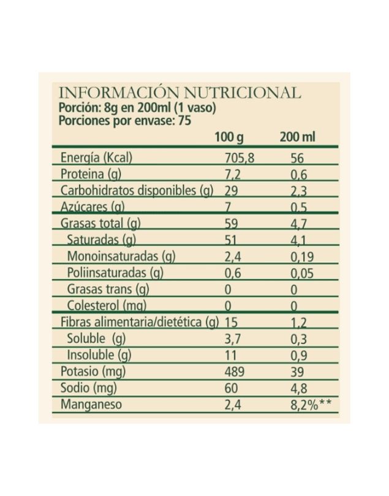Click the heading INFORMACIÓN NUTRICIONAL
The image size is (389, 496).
pyautogui.click(x=179, y=93)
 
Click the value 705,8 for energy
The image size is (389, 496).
pyautogui.click(x=240, y=158)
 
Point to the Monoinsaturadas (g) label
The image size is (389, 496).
pyautogui.click(x=121, y=257)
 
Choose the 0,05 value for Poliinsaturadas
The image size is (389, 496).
pyautogui.click(x=302, y=273)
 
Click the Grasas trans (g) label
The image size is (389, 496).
pyautogui.click(x=108, y=289)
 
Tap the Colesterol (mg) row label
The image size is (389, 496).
pyautogui.click(x=111, y=306)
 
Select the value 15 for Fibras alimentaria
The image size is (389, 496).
pyautogui.click(x=231, y=322)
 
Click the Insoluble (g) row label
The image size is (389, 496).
pyautogui.click(x=99, y=355)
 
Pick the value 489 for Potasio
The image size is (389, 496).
pyautogui.click(x=234, y=371)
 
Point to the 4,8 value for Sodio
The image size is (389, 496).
pyautogui.click(x=298, y=388)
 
